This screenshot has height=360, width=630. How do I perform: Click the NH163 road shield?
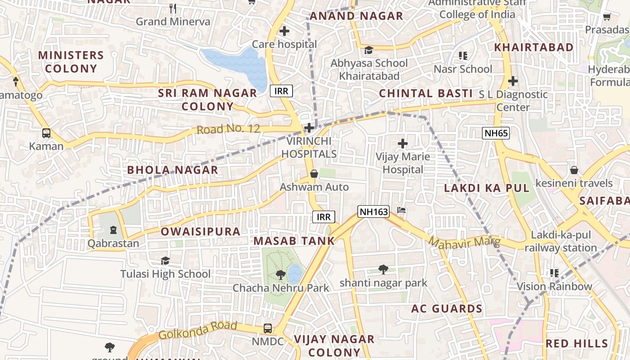click(x=373, y=211)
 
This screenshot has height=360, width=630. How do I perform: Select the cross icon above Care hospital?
click(x=284, y=31)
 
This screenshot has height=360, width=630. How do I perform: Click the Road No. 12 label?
click(x=228, y=129)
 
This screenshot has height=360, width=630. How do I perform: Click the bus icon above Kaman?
click(x=46, y=133)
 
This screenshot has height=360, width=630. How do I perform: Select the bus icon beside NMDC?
click(x=268, y=328)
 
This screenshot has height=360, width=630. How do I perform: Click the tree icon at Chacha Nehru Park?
click(x=281, y=274)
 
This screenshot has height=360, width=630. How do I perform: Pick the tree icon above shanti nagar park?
click(x=383, y=270)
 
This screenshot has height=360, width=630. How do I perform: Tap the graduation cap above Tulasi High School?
click(x=165, y=261)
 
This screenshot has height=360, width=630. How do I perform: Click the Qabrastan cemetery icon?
click(x=113, y=230)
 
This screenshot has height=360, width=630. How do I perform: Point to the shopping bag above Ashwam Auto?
click(x=314, y=174)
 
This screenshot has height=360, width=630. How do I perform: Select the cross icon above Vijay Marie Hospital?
click(x=403, y=144)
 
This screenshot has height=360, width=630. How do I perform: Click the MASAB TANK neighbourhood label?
click(x=294, y=241)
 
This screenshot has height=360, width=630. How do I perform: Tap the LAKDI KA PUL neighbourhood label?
click(x=487, y=188)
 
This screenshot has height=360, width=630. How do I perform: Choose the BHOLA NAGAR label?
click(x=172, y=170)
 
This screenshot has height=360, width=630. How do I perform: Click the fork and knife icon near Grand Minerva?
click(x=173, y=8)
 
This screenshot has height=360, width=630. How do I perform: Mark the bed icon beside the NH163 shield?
click(x=402, y=211)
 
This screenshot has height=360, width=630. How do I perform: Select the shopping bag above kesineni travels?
click(x=574, y=171)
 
